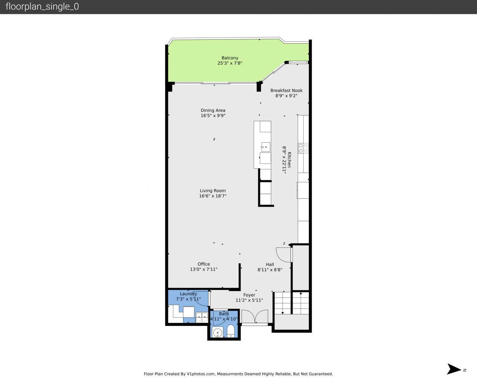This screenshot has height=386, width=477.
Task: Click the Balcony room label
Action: coord(230,58)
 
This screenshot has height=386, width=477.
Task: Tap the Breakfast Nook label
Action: coord(287,90)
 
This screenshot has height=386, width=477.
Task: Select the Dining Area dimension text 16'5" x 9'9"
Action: coord(213,115)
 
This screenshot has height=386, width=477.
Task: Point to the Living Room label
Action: coord(213,190)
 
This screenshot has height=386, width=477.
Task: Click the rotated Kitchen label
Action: coord(289,160)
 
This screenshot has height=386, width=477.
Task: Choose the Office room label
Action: coord(204,264)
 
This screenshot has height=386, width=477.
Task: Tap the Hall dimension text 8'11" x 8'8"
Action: coord(270,270)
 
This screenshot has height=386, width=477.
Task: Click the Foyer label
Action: coord(249,295)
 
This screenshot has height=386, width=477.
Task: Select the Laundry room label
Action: coord(188,294)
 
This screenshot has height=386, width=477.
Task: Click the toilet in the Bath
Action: coord(231,331)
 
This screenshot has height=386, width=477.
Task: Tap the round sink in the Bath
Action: coord(218,333)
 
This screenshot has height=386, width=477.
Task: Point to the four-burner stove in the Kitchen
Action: coord(303,148)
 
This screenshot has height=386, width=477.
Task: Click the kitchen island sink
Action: coord(265,147)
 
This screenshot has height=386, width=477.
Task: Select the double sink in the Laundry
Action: coord(202,317)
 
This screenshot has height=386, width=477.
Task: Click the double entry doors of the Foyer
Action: coord(255,316)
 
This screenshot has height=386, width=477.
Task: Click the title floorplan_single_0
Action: coord(42,7)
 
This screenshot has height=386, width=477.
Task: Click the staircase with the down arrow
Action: coord(283,303)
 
